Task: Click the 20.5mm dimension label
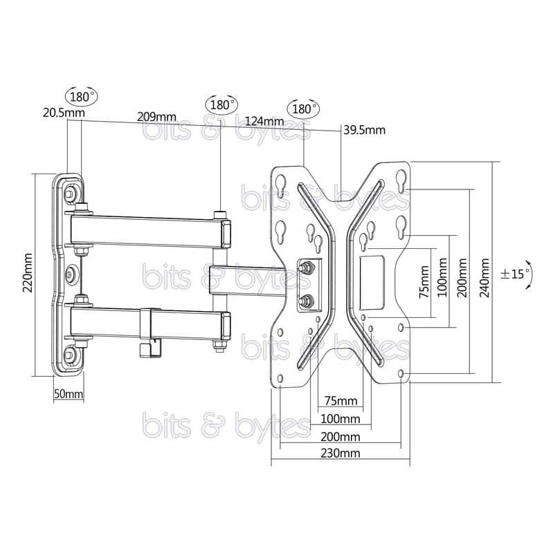click(x=64, y=113)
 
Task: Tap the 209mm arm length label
click(x=156, y=117)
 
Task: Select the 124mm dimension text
click(x=264, y=121)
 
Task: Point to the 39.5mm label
click(x=365, y=130)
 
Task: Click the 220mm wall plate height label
click(x=28, y=273)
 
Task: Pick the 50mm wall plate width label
click(x=69, y=394)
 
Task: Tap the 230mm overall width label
click(x=341, y=453)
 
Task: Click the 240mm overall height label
click(x=485, y=278)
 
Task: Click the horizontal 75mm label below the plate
click(x=341, y=401)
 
